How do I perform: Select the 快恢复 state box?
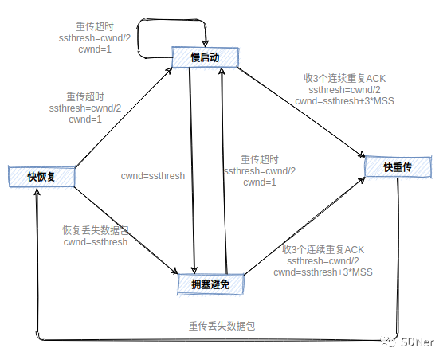pos(41,176)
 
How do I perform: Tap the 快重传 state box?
pos(397,166)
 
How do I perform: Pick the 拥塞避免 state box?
pos(210,284)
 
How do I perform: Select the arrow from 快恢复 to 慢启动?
pos(120,116)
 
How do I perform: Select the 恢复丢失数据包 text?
pos(96,230)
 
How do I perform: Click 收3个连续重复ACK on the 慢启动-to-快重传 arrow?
pos(344,79)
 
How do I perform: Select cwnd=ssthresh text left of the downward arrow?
pos(153,176)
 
